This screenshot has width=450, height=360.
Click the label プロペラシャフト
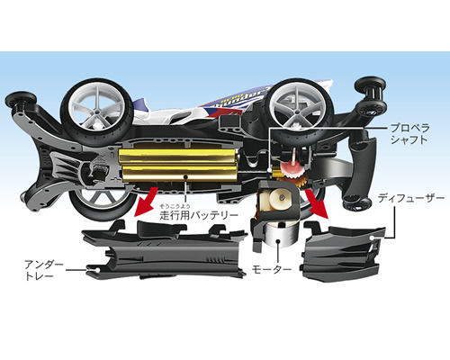(409, 134)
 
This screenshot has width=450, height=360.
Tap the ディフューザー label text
(410, 198)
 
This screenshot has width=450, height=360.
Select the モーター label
(272, 269)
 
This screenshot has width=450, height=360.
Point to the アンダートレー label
(44, 271)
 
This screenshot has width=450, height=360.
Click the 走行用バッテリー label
(199, 215)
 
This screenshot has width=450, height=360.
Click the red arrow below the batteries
(145, 201)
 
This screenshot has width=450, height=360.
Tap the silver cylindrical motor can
(279, 238)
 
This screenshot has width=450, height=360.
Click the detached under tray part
(164, 249)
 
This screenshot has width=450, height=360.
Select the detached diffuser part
(343, 251)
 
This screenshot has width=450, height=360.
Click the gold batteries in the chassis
(178, 166)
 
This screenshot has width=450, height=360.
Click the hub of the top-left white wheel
(96, 112)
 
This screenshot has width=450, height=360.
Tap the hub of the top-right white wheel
(297, 112)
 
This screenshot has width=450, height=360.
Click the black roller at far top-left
(21, 101)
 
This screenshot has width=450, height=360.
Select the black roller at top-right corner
(370, 86)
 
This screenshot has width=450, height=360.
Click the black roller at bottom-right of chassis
(356, 203)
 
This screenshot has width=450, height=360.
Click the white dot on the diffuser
(372, 238)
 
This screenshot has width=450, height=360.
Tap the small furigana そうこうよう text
(175, 206)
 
